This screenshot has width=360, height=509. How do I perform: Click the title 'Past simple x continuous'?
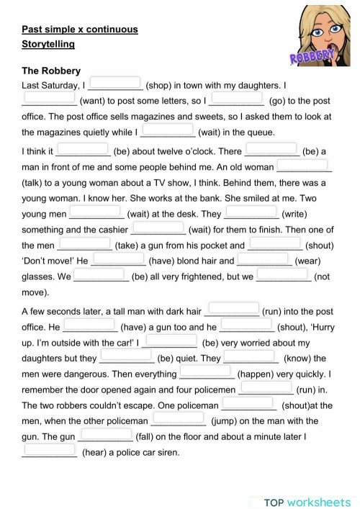coord(79,30)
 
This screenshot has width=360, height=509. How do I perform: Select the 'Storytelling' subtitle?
coord(48,44)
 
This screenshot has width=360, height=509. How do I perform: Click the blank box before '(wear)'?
coord(264,259)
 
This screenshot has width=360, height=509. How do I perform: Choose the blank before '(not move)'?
coord(283,274)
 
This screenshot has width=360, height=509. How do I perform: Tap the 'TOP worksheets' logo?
coord(307,502)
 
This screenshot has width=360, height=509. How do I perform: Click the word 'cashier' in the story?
coord(112,230)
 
